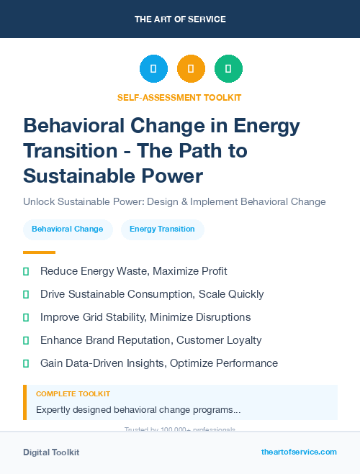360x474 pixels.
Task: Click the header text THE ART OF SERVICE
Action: click(x=180, y=19)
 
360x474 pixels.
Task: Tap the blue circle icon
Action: click(x=153, y=69)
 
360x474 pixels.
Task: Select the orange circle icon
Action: click(x=191, y=69)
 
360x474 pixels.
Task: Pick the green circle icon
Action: click(x=228, y=69)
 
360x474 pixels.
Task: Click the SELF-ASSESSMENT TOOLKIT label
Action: click(x=179, y=97)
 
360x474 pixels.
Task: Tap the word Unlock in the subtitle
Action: click(x=40, y=201)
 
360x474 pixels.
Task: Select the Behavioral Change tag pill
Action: click(x=68, y=229)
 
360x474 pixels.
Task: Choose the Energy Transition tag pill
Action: click(x=162, y=229)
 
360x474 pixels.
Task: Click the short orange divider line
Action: click(x=39, y=252)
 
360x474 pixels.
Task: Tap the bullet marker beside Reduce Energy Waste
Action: click(x=26, y=272)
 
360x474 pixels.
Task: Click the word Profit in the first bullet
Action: click(x=210, y=271)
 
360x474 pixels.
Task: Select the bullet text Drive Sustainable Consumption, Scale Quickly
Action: click(x=152, y=294)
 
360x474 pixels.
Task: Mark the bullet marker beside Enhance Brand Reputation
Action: click(x=26, y=341)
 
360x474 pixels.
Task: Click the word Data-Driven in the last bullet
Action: click(x=99, y=363)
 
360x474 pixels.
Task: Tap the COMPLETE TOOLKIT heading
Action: click(x=73, y=394)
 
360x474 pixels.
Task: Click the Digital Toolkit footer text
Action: click(x=51, y=452)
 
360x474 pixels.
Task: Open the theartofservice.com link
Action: click(x=299, y=452)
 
